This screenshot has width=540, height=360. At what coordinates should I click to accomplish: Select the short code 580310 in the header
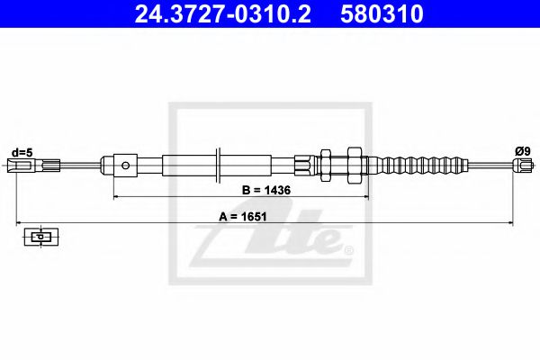[x=380, y=14]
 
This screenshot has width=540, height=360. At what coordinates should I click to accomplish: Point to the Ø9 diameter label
[x=522, y=152]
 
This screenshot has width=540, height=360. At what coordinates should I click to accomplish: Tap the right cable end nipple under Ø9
[x=521, y=165]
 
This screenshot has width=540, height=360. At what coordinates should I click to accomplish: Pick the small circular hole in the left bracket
[x=127, y=166]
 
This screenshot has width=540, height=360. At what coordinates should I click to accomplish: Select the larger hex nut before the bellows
[x=354, y=166]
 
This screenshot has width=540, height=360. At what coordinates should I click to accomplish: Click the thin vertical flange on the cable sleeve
[x=220, y=166]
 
